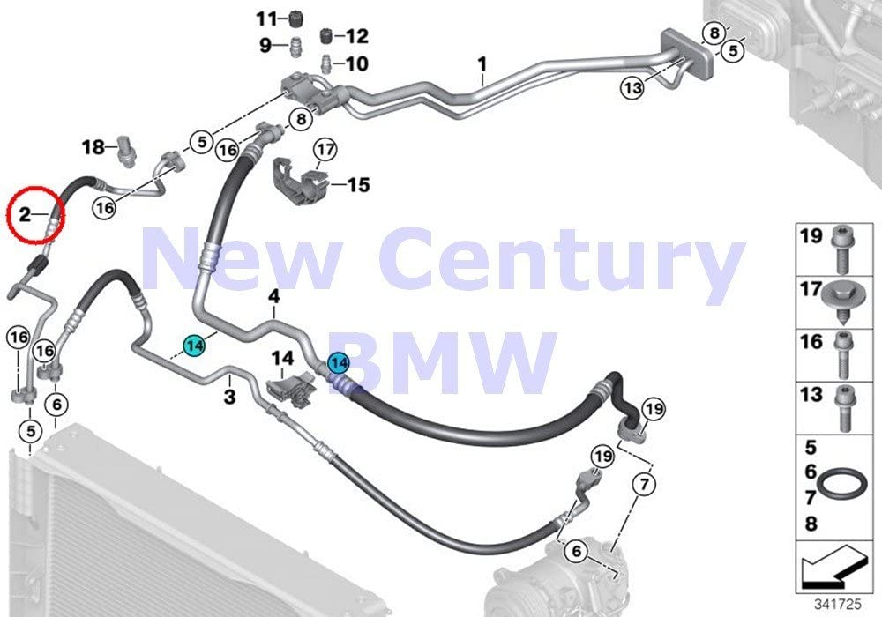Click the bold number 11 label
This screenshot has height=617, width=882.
click(x=267, y=19)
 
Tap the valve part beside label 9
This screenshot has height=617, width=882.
click(x=295, y=46)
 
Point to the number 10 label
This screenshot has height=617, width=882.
click(x=356, y=63)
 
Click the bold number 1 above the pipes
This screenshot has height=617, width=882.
click(x=482, y=64)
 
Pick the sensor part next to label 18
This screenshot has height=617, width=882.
click(x=125, y=151)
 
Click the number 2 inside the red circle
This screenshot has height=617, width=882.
click(x=24, y=214)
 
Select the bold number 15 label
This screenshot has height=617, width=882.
click(x=359, y=184)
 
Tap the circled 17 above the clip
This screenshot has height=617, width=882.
click(x=325, y=150)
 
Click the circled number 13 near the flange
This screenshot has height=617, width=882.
click(x=632, y=87)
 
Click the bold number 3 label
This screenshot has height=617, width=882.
click(x=229, y=397)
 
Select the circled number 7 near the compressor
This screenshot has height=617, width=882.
click(x=644, y=483)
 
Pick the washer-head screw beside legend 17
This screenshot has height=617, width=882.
click(x=841, y=304)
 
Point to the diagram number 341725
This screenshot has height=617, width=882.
click(x=838, y=605)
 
